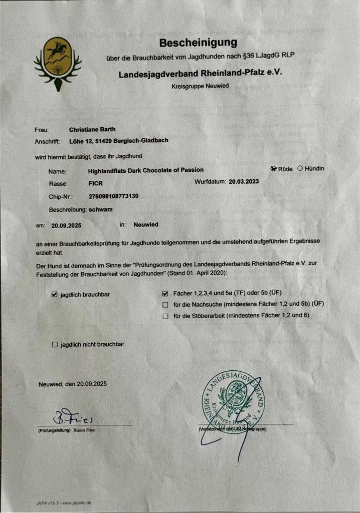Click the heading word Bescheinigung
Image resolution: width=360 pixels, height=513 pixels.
[198, 43]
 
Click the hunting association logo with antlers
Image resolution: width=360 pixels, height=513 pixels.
[58, 62]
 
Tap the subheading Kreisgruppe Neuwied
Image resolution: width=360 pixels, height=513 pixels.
[200, 86]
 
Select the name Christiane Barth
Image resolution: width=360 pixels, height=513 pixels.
[92, 129]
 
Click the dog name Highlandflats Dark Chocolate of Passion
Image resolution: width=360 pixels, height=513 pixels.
[145, 170]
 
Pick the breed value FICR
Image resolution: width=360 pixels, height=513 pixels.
[95, 183]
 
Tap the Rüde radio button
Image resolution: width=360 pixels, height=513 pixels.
[274, 169]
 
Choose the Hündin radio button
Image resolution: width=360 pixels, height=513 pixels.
[300, 168]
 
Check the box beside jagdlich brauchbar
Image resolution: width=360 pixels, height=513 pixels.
[55, 294]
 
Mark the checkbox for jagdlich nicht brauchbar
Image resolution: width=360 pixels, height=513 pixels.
[55, 344]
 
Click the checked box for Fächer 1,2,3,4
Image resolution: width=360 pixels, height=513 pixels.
[165, 293]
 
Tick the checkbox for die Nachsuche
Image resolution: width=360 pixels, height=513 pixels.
[165, 305]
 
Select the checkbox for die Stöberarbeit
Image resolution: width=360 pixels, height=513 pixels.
[165, 316]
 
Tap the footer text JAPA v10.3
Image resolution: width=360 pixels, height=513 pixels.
[46, 502]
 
